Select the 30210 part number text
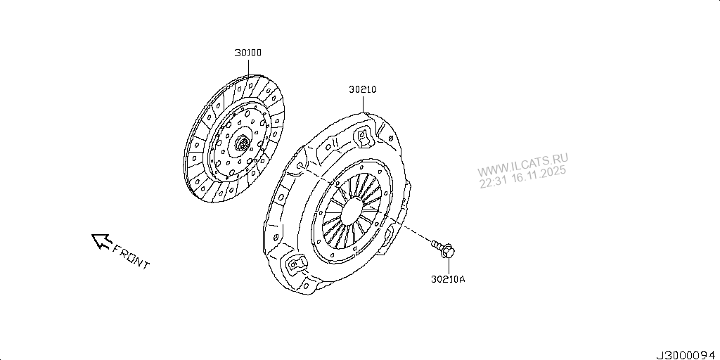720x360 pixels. [x=363, y=90]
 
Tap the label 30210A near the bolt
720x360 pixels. [x=449, y=279]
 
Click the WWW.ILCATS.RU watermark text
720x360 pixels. [x=523, y=168]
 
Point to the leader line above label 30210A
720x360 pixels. [x=449, y=264]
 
